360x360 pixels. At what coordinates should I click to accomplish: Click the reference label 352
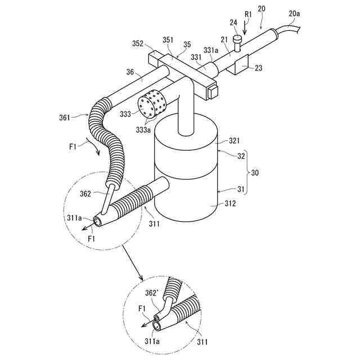tap(137, 43)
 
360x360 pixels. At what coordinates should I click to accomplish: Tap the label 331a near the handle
tap(211, 49)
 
